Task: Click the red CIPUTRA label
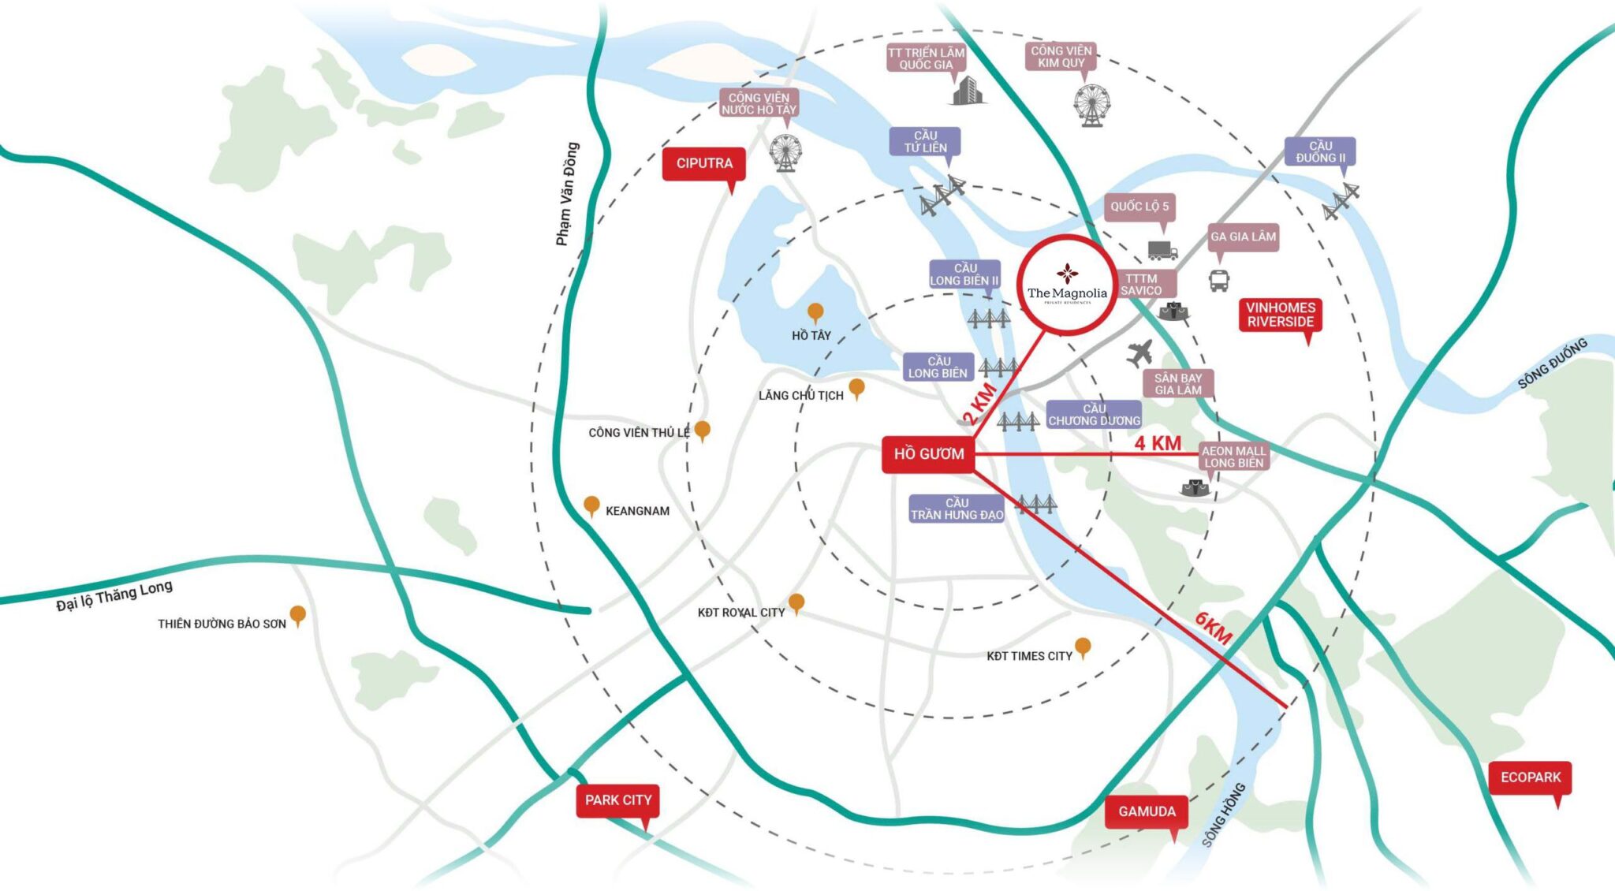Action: tap(703, 164)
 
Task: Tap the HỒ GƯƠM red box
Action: tap(928, 454)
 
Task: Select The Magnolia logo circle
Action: tap(1066, 285)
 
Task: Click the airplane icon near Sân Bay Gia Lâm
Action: tap(1140, 352)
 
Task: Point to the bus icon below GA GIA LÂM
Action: tap(1219, 280)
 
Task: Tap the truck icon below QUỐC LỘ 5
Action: tap(1162, 250)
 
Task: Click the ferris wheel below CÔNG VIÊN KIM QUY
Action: tap(1092, 105)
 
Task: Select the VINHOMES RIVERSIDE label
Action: tap(1281, 315)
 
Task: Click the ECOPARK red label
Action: tap(1531, 777)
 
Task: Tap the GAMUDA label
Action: tap(1147, 812)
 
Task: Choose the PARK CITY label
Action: tap(618, 800)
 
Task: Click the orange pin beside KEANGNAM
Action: tap(591, 506)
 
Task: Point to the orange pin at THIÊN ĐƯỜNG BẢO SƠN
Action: tap(297, 616)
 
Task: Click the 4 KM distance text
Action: tap(1158, 443)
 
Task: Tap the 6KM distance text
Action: tap(1214, 628)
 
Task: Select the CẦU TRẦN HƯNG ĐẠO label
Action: tap(957, 509)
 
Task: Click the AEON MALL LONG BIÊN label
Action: tap(1234, 457)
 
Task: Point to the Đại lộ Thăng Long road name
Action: tap(114, 595)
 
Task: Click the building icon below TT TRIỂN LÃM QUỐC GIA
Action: tap(968, 91)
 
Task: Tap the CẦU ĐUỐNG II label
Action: tap(1320, 151)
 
